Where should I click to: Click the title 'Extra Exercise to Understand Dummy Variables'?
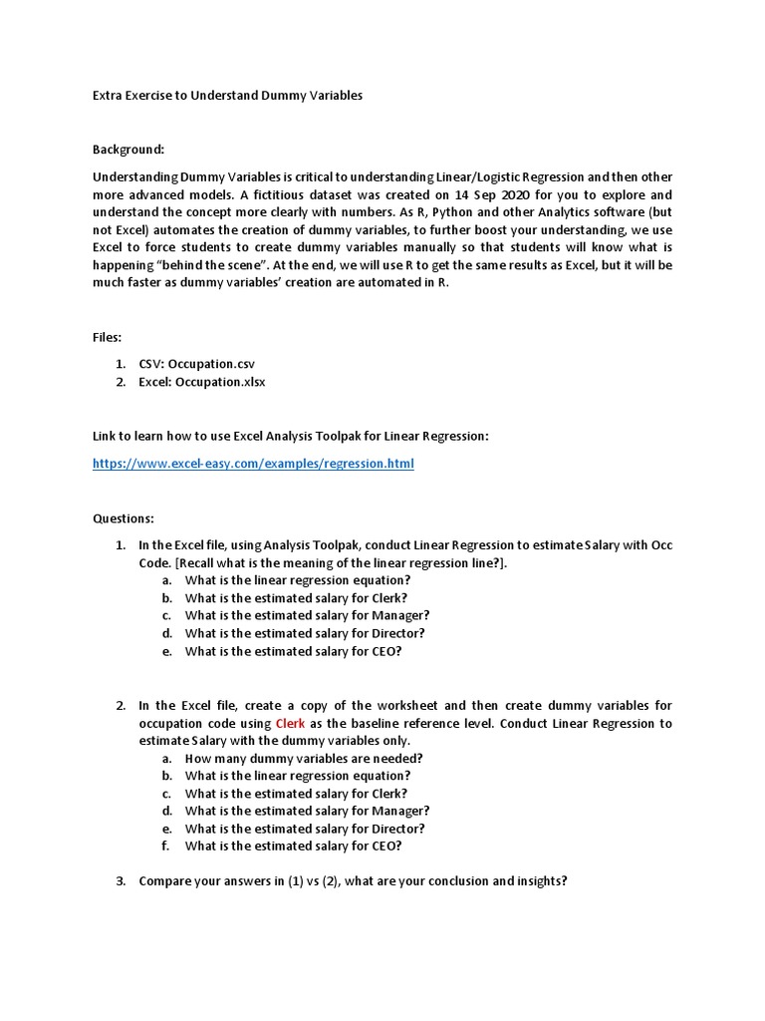click(227, 96)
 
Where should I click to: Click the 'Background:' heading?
click(128, 150)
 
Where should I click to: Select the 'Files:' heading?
click(108, 338)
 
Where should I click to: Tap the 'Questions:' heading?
click(124, 518)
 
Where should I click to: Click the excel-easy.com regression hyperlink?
click(253, 464)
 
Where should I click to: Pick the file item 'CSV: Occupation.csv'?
click(203, 364)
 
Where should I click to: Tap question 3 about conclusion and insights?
click(353, 881)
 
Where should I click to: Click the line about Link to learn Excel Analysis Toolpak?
click(291, 437)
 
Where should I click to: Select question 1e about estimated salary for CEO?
click(293, 651)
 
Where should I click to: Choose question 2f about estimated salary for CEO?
click(293, 847)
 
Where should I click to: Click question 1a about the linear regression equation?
click(297, 580)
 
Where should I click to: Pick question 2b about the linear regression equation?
click(297, 776)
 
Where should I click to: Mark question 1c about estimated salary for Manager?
click(307, 615)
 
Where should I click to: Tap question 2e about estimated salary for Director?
click(305, 829)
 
